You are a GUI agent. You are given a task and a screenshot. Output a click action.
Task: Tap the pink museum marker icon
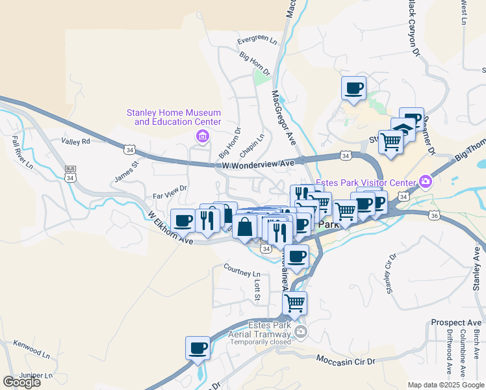(x=201, y=136)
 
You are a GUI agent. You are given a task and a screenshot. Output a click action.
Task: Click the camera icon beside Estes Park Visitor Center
(x=426, y=181)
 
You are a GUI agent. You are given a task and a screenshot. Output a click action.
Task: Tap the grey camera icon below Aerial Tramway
(x=300, y=333)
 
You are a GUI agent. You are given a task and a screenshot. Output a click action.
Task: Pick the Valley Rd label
(x=75, y=141)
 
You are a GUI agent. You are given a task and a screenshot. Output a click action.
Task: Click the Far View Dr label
(x=170, y=191)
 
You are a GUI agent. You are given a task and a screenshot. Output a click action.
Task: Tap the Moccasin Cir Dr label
(x=346, y=359)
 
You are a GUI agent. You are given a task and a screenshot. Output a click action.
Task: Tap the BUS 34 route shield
(x=70, y=174)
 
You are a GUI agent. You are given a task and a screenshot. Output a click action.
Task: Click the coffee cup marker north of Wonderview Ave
(x=353, y=88)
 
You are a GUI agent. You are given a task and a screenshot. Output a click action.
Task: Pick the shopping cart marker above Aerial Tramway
(x=295, y=303)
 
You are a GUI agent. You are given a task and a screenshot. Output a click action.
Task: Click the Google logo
(x=21, y=382)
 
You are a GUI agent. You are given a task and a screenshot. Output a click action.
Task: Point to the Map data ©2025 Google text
(x=445, y=385)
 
